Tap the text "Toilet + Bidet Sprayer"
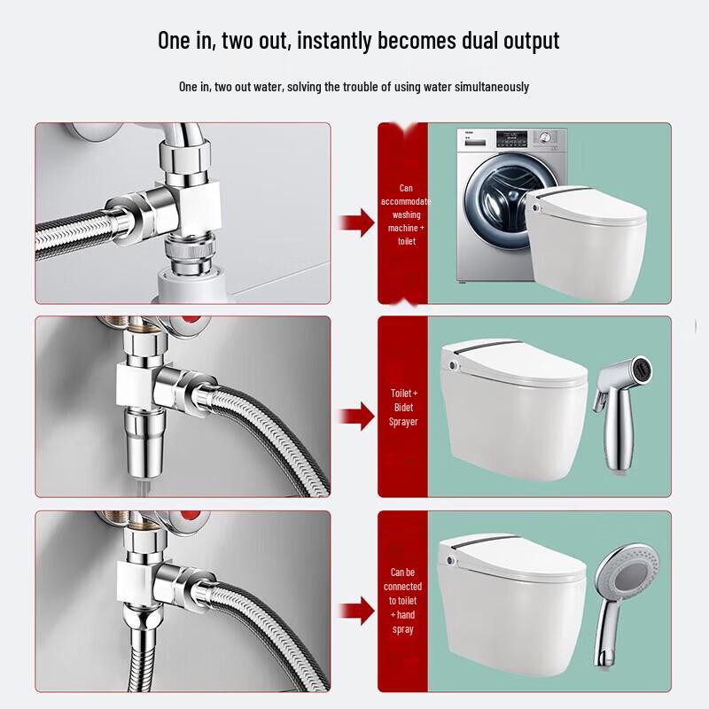(403, 407)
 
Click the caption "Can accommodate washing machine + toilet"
(405, 214)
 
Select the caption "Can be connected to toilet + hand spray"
(403, 601)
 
